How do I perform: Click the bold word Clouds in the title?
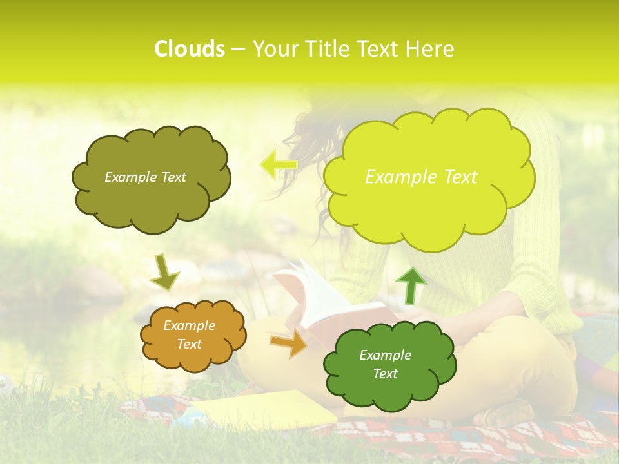pyautogui.click(x=189, y=49)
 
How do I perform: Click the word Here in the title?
pyautogui.click(x=430, y=49)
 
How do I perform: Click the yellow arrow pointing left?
pyautogui.click(x=278, y=164)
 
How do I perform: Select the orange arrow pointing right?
pyautogui.click(x=288, y=343)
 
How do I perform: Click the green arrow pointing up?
pyautogui.click(x=411, y=285)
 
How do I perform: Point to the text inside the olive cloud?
pyautogui.click(x=145, y=177)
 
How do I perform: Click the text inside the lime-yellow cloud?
pyautogui.click(x=421, y=177)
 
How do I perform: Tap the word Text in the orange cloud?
pyautogui.click(x=189, y=344)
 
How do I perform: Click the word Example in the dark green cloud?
pyautogui.click(x=385, y=355)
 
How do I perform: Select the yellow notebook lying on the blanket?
pyautogui.click(x=271, y=409)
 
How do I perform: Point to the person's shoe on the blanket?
pyautogui.click(x=509, y=412)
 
